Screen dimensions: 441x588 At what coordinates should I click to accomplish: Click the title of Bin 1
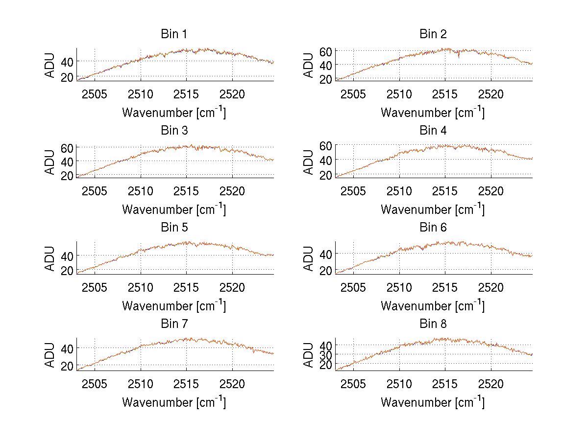pos(174,34)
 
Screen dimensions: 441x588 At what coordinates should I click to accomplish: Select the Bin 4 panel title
pos(433,131)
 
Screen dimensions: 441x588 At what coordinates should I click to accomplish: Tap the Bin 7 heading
pos(174,324)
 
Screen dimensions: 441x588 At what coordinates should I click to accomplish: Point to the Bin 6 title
pos(433,228)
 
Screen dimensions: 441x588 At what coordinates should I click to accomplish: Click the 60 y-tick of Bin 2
pos(326,51)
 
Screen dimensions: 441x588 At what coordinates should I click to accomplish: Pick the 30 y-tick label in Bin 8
pos(326,354)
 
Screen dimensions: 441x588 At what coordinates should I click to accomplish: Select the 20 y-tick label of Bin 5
pos(68,271)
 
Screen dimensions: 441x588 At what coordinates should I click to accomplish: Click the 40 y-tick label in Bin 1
pos(68,61)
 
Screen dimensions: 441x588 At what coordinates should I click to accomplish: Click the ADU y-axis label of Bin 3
pos(50,161)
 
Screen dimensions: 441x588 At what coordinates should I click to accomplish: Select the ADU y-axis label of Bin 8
pos(309,354)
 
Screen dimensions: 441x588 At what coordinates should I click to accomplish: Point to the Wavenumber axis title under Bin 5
pos(174,305)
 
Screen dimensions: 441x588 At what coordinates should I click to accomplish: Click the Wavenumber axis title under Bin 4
pos(433,209)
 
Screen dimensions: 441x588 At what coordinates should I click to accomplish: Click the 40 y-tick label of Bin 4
pos(326,160)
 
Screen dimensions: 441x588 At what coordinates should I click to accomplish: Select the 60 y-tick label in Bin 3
pos(68,148)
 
